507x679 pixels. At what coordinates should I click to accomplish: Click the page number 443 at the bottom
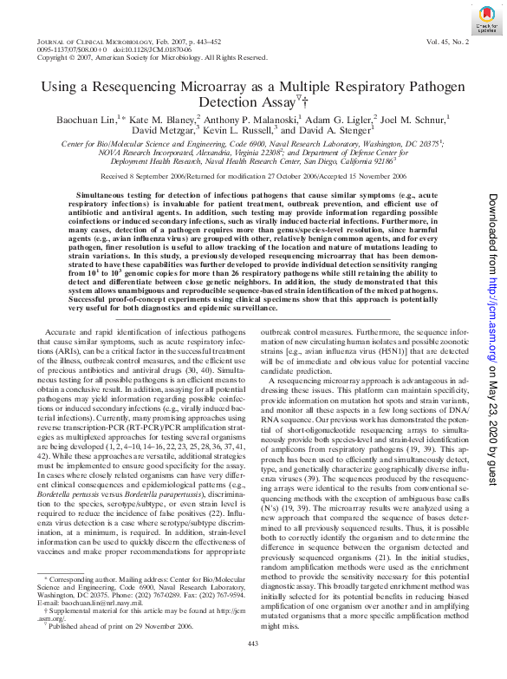coord(253,666)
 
